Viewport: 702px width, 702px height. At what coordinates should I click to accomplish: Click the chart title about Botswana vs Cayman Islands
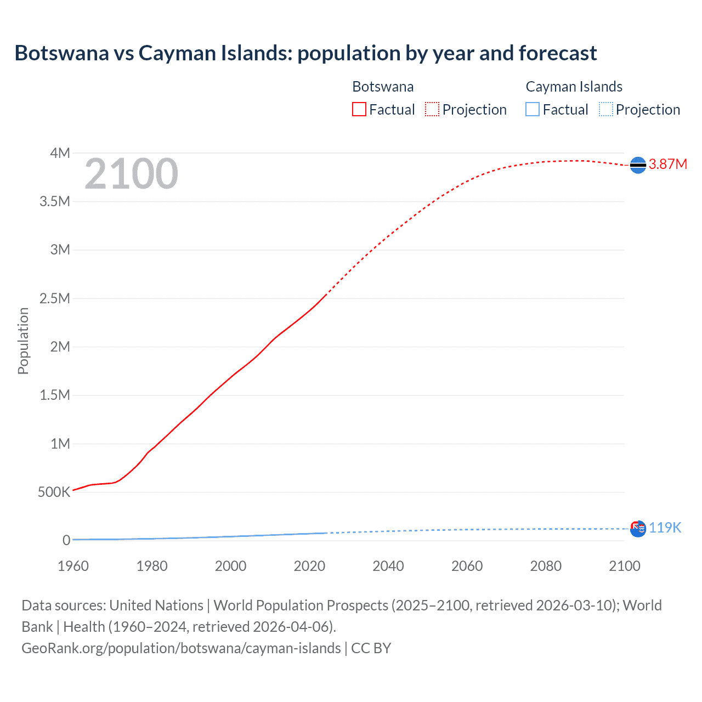(305, 53)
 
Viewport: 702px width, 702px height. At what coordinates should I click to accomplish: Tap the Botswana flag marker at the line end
(638, 165)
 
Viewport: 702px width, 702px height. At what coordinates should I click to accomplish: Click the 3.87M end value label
(667, 165)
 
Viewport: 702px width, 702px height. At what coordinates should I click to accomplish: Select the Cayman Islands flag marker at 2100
(638, 529)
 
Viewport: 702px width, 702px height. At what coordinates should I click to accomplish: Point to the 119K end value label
(665, 528)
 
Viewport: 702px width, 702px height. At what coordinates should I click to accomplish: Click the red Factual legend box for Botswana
(359, 110)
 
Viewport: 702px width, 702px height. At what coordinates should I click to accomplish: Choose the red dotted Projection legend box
(432, 110)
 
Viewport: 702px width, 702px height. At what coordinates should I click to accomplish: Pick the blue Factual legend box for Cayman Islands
(533, 110)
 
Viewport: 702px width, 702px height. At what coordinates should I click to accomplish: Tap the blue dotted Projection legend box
(606, 110)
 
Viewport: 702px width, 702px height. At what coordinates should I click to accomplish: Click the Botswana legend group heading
(383, 87)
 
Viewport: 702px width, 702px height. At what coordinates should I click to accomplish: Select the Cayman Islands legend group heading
(574, 87)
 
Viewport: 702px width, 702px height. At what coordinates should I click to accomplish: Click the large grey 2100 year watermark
(131, 174)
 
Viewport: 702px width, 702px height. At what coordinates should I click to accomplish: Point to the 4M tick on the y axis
(60, 153)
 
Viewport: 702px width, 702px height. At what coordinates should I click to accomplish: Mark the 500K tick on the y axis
(54, 492)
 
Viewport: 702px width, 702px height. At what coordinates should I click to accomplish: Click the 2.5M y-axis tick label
(55, 298)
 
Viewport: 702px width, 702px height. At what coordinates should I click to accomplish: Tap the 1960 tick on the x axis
(73, 566)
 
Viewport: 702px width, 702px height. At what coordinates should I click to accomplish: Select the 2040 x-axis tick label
(388, 566)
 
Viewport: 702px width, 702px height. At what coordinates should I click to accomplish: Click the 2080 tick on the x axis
(546, 566)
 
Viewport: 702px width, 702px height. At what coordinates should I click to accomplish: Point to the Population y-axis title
(23, 341)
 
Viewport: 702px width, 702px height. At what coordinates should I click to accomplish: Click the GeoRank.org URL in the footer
(181, 648)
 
